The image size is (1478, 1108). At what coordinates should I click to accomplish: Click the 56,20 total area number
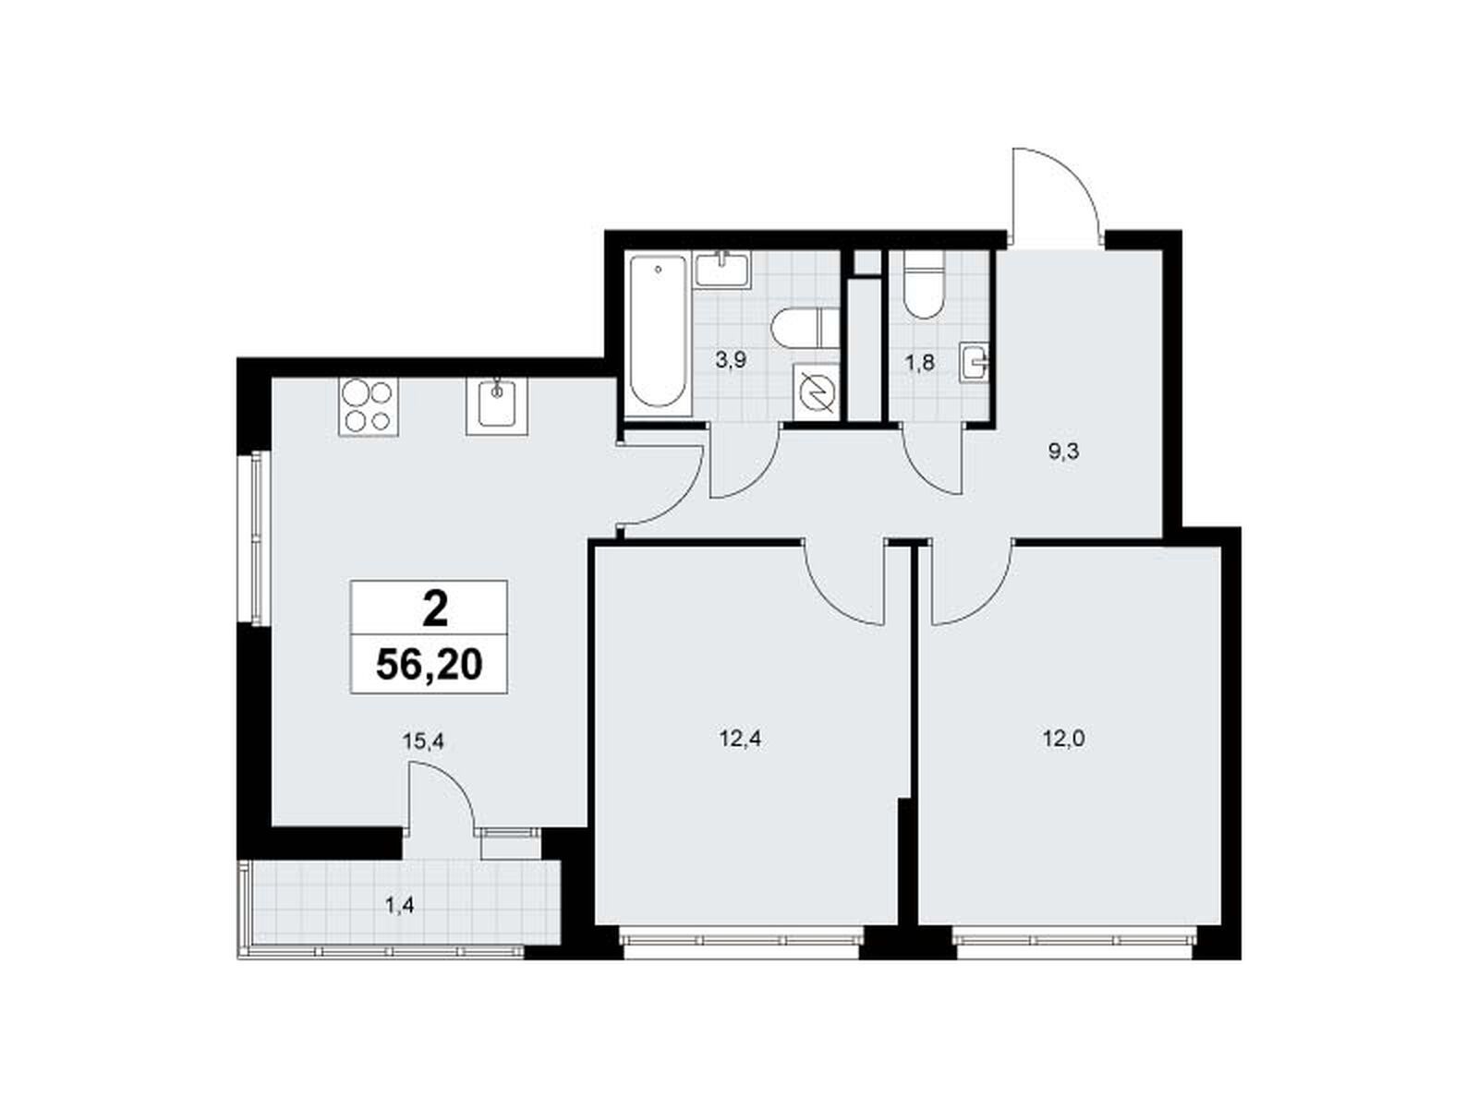(x=429, y=666)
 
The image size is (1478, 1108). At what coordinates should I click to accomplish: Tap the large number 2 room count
(x=435, y=609)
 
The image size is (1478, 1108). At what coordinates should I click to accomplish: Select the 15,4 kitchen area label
(x=423, y=741)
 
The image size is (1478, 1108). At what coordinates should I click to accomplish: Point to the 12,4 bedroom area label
(x=740, y=740)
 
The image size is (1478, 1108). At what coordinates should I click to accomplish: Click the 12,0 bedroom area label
(x=1064, y=740)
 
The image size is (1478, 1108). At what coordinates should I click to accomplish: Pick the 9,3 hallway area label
(x=1064, y=452)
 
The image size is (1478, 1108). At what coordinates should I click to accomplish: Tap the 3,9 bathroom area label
(x=731, y=360)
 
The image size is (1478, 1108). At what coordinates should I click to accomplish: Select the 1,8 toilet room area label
(x=920, y=363)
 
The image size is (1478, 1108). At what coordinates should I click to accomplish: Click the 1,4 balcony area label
(x=399, y=906)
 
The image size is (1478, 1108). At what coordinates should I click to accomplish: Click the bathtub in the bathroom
(x=658, y=332)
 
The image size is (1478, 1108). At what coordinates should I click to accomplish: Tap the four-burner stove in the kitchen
(x=368, y=405)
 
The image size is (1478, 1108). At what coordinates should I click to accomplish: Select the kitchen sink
(x=497, y=405)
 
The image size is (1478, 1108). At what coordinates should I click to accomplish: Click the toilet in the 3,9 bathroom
(x=806, y=328)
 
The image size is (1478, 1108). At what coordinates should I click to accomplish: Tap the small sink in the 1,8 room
(x=975, y=363)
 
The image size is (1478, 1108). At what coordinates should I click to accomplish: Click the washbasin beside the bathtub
(x=721, y=270)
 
